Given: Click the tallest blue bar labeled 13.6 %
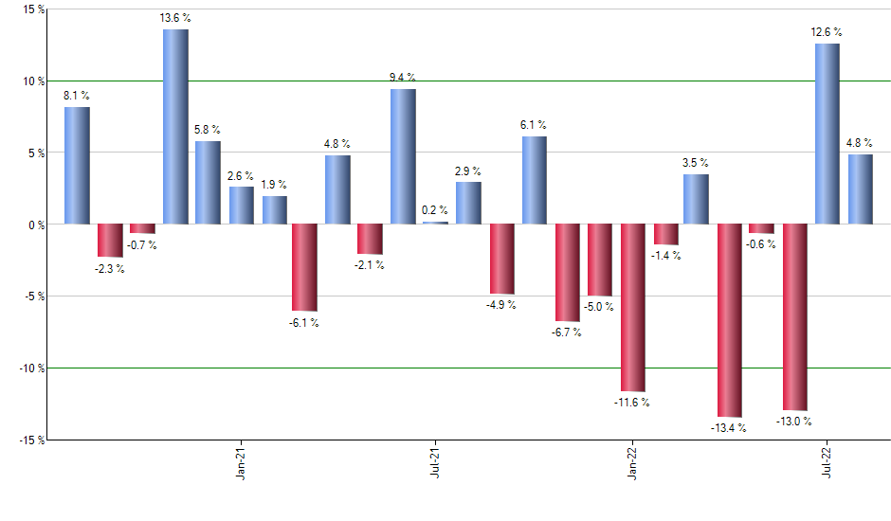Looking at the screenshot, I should (175, 127).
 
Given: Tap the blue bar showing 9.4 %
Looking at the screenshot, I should (403, 156).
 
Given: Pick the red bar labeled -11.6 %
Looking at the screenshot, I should (632, 308).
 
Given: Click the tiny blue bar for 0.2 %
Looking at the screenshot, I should (435, 223).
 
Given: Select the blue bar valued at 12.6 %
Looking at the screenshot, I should (827, 134).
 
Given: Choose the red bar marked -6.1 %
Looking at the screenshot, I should (304, 267).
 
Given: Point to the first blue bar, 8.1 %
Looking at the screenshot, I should (77, 166).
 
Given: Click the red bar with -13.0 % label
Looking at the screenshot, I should (794, 317).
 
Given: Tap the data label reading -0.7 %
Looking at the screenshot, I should (141, 245).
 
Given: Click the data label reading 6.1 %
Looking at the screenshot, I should (533, 125).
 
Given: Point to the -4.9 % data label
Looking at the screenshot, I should (501, 305).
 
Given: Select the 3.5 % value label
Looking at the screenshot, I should (695, 163).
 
